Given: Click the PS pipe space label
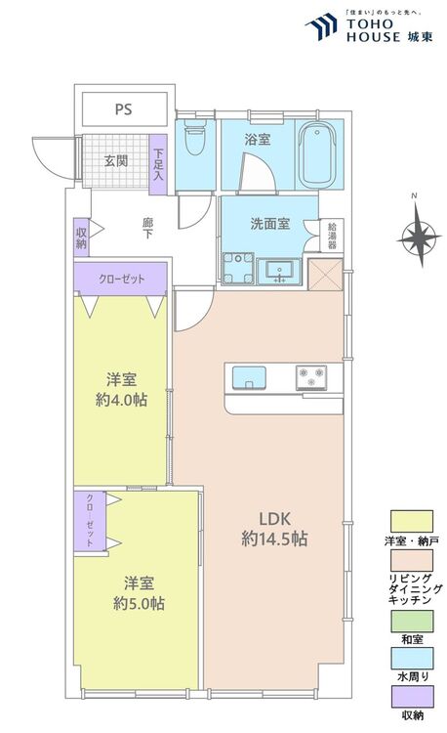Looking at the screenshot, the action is [124, 109].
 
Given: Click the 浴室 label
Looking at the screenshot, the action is [257, 140].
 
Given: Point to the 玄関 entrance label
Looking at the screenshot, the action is [116, 161].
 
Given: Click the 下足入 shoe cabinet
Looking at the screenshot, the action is [158, 164].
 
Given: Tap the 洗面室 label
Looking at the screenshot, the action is [270, 224].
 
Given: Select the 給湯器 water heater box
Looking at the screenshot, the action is [332, 236].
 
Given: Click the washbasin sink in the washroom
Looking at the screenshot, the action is [279, 272].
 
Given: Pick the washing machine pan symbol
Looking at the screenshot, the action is [238, 268].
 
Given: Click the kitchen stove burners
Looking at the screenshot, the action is [311, 377].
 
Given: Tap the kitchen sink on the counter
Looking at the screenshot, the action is [249, 377].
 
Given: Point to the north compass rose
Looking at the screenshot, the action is [420, 237].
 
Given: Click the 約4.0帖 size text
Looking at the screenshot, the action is [121, 400].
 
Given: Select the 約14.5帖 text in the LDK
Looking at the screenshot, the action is [274, 539].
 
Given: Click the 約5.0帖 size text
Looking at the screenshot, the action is [139, 604].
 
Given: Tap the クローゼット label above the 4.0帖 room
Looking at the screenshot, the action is [121, 280].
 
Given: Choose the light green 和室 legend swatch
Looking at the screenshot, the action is [412, 622].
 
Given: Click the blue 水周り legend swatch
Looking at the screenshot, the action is [412, 659].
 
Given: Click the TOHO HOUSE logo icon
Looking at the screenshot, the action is [322, 26].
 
